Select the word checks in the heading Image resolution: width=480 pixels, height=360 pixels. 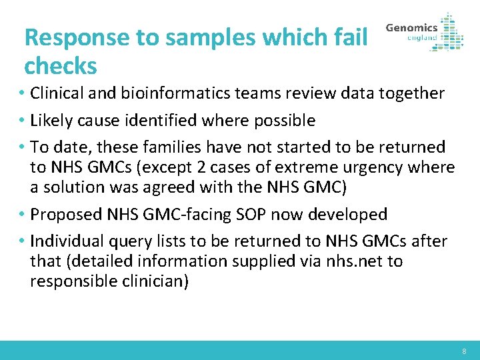point(60,66)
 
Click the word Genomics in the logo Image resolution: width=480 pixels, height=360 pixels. point(411,28)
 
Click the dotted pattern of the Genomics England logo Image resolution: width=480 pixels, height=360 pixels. point(452,32)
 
